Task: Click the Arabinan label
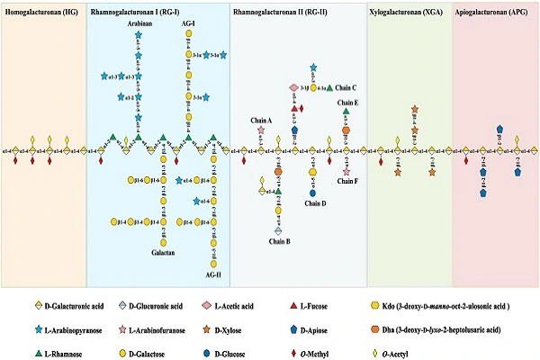point(138,25)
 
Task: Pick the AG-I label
point(188,25)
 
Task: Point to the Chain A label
point(260,119)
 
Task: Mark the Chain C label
point(346,88)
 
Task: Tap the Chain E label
point(348,103)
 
